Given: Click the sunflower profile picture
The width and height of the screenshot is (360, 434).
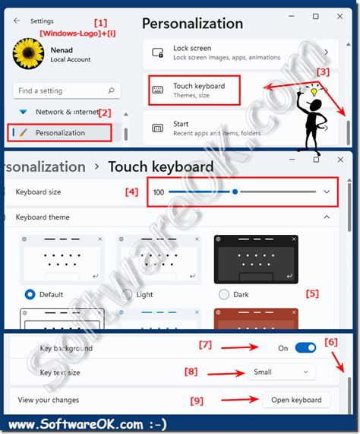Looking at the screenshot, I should coord(30,56).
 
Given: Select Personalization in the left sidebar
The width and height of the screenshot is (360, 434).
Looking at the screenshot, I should coord(61,133).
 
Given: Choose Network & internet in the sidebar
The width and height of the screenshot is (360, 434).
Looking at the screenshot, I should coord(67,112).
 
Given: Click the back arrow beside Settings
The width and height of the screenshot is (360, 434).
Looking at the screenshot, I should coord(17,21).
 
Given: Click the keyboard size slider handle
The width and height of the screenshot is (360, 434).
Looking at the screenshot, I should coord(235,192).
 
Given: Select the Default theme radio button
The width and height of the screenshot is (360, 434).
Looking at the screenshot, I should coord(30,294).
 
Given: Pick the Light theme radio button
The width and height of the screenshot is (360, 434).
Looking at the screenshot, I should coord(126,294).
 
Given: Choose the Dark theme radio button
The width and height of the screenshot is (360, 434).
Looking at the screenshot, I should coord(223,294).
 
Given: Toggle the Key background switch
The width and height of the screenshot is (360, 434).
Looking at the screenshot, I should coord(305,348).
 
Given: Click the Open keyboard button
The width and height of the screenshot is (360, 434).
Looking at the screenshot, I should coord(296,400).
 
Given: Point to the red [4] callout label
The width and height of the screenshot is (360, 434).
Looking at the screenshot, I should coord(131,192).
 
